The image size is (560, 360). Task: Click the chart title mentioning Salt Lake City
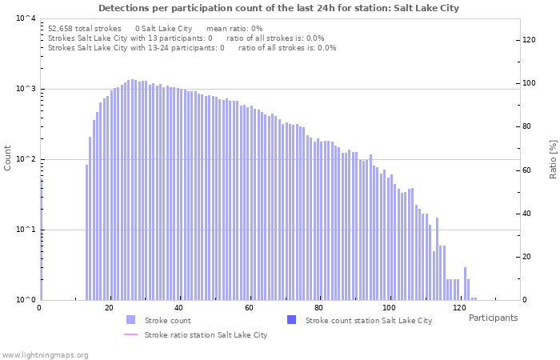tap(279, 8)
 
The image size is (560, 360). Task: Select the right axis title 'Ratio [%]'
tap(553, 158)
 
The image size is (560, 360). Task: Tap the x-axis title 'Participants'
tap(493, 318)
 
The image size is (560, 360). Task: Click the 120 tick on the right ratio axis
tap(530, 40)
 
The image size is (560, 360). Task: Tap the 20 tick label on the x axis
tap(110, 308)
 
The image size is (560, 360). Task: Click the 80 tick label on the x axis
tap(319, 308)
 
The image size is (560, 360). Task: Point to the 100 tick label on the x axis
tap(390, 308)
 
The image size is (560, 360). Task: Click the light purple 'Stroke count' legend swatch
tap(130, 320)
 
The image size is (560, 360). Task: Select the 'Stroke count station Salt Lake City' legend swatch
tap(291, 320)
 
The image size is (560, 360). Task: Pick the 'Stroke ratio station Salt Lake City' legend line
tap(130, 334)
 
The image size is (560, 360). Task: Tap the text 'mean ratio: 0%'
tap(234, 28)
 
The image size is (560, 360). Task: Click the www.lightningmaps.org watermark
tap(46, 354)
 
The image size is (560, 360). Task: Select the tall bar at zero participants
tap(41, 240)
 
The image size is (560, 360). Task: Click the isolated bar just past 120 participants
tap(465, 284)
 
